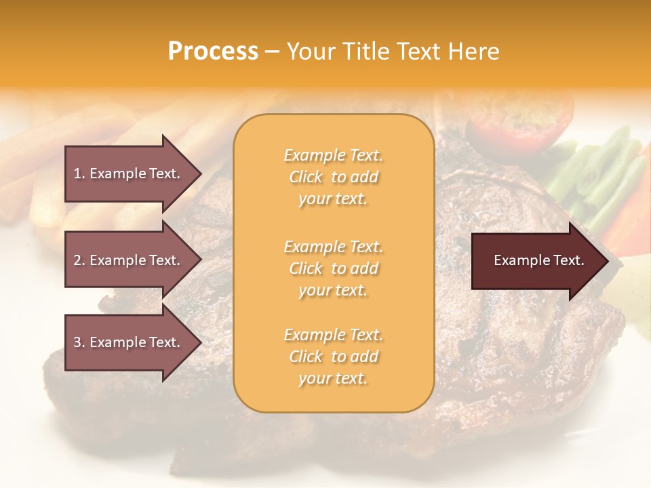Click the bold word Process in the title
click(x=213, y=52)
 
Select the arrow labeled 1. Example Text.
click(x=127, y=174)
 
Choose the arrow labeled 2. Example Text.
click(x=127, y=260)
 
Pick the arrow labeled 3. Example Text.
click(x=127, y=342)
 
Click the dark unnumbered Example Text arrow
click(x=538, y=261)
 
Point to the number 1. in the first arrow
click(x=79, y=174)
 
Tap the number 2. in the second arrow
click(x=79, y=260)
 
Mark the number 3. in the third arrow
click(x=79, y=342)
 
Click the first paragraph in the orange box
click(x=333, y=177)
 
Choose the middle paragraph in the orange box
click(x=333, y=268)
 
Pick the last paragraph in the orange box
click(x=333, y=357)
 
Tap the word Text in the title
click(x=418, y=52)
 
